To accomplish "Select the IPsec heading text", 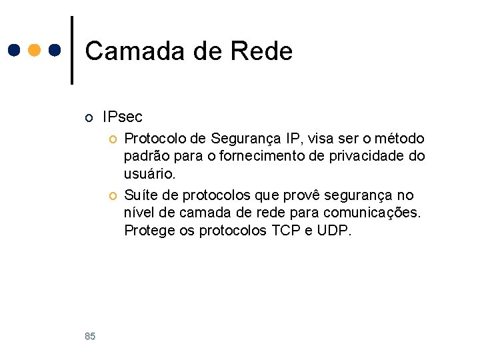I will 122,117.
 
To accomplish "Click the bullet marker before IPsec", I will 89,119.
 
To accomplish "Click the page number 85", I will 90,337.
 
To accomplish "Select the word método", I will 399,139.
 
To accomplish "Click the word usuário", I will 149,174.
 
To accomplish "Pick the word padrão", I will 145,156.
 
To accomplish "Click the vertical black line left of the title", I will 72,50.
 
